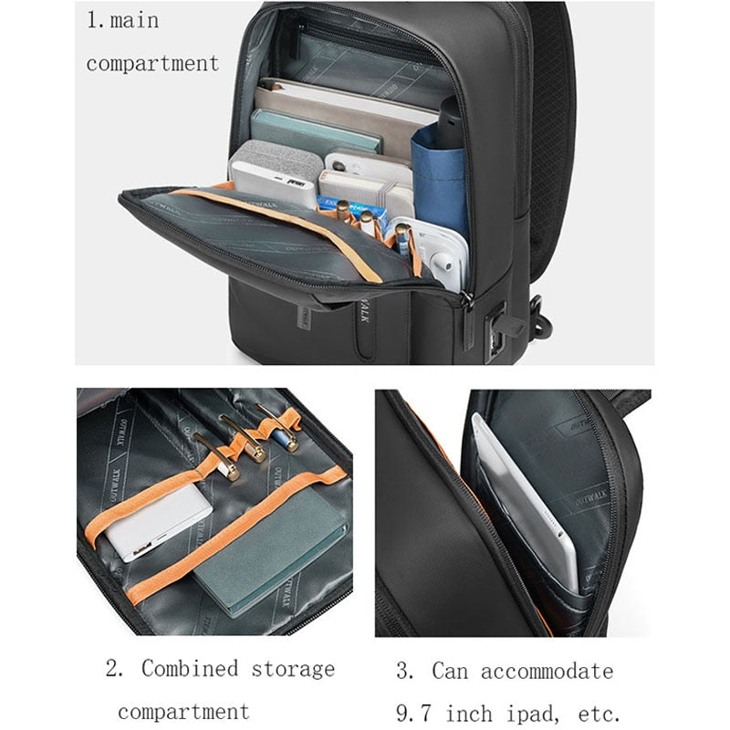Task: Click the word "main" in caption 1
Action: pyautogui.click(x=134, y=20)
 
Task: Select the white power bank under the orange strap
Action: pyautogui.click(x=157, y=522)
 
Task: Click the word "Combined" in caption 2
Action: pyautogui.click(x=190, y=669)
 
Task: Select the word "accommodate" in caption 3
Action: pyautogui.click(x=547, y=672)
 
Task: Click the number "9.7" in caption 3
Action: pyautogui.click(x=413, y=714)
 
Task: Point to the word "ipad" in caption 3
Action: pyautogui.click(x=533, y=714)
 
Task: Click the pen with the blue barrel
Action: pyautogui.click(x=278, y=427)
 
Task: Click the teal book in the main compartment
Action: pyautogui.click(x=316, y=131)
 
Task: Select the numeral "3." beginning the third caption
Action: pyautogui.click(x=404, y=671)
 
